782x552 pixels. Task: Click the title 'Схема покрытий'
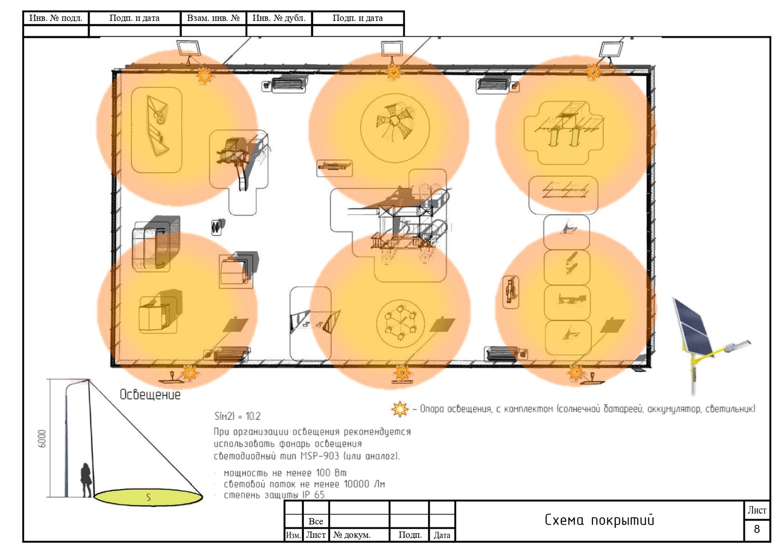point(599,520)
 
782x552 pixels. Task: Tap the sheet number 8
point(756,529)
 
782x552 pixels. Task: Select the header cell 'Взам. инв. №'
point(213,18)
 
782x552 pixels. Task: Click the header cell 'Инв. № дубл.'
point(279,18)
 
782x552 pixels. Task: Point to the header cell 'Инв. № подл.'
point(56,18)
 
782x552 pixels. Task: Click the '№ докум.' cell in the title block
point(351,535)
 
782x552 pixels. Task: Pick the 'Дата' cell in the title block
point(442,535)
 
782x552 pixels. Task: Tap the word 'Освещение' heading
point(150,395)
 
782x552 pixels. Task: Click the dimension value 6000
point(42,439)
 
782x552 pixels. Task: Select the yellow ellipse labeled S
point(148,498)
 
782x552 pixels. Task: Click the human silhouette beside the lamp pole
point(87,480)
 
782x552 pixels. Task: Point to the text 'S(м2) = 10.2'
point(237,416)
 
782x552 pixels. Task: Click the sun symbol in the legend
point(400,409)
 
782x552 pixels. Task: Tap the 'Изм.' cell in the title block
point(293,535)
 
